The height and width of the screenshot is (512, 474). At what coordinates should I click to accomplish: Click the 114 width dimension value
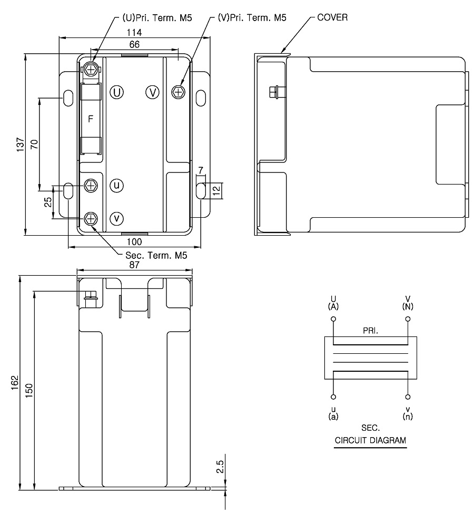click(x=135, y=32)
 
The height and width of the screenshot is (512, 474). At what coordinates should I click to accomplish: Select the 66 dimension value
click(x=135, y=45)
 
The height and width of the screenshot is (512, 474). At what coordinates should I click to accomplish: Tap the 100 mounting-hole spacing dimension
click(x=135, y=241)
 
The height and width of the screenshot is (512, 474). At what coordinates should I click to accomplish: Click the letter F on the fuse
click(x=90, y=119)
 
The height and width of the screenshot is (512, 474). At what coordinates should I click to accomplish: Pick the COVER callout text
click(x=332, y=17)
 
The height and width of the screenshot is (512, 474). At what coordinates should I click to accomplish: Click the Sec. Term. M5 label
click(x=152, y=255)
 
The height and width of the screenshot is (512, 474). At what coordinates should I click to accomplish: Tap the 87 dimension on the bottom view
click(x=135, y=266)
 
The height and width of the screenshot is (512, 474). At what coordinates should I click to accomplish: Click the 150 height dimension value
click(x=29, y=390)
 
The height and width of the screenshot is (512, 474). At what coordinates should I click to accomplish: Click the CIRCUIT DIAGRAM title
click(x=370, y=440)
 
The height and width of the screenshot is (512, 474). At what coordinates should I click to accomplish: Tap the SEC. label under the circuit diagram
click(x=370, y=429)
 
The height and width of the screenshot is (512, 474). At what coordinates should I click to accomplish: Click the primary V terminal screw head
click(x=179, y=92)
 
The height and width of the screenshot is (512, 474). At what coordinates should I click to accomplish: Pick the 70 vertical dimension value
click(x=34, y=145)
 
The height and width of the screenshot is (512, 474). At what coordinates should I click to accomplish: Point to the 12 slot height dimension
click(x=216, y=190)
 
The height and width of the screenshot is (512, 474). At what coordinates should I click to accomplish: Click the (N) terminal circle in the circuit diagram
click(x=407, y=319)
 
